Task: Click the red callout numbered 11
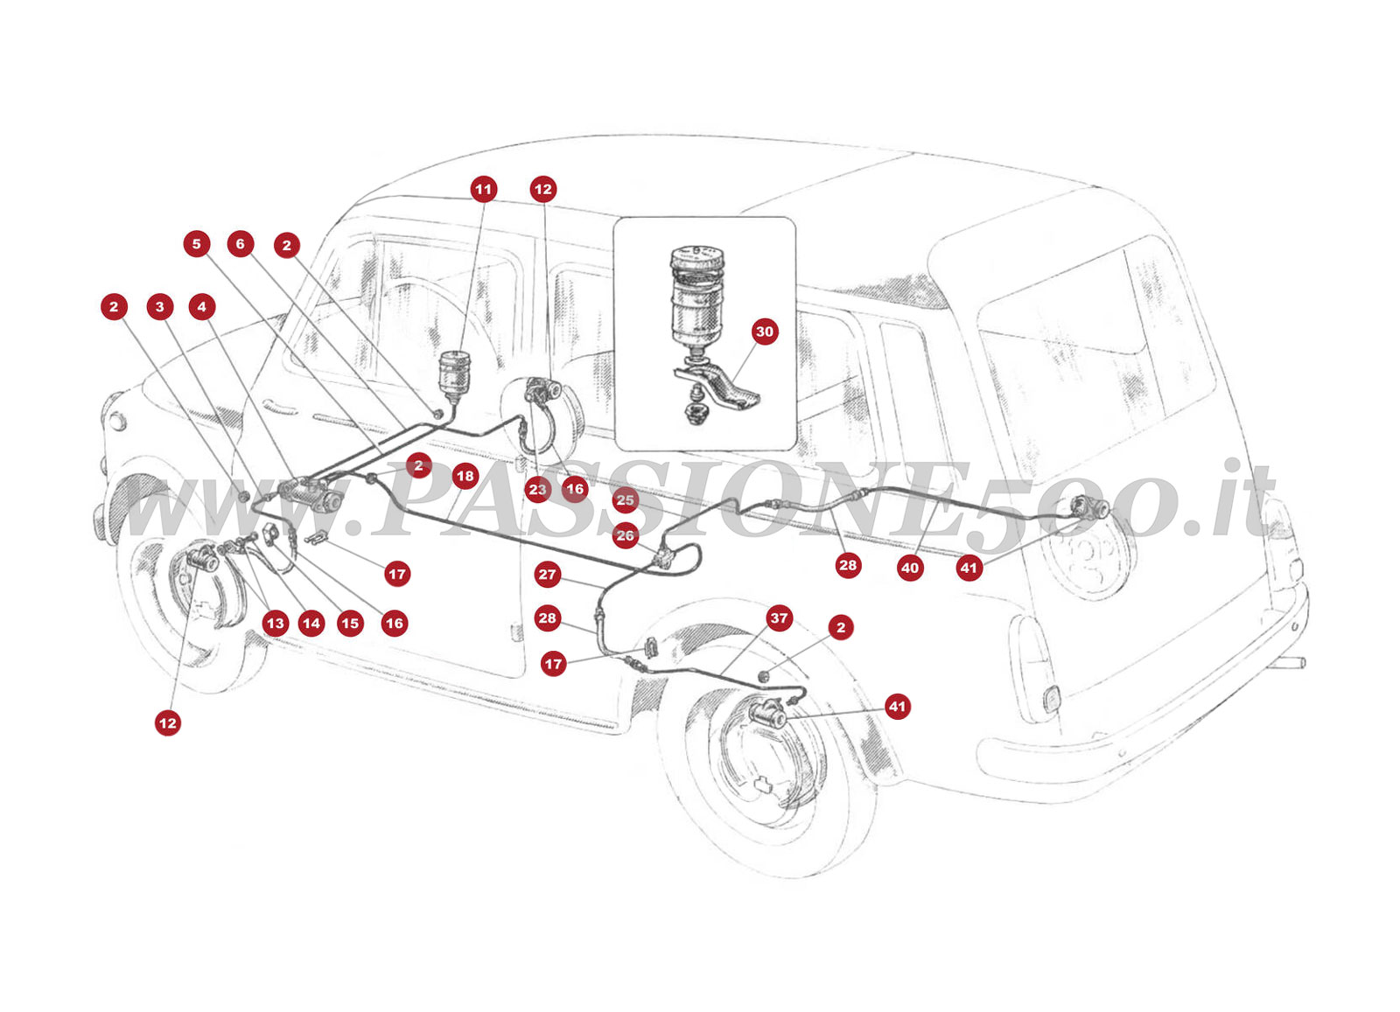pyautogui.click(x=484, y=189)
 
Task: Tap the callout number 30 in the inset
pyautogui.click(x=765, y=332)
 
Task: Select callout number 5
pyautogui.click(x=197, y=244)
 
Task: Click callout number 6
pyautogui.click(x=241, y=244)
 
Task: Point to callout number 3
pyautogui.click(x=159, y=307)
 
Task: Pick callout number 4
pyautogui.click(x=202, y=307)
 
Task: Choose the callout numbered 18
pyautogui.click(x=465, y=477)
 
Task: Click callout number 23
pyautogui.click(x=537, y=490)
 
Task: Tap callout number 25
pyautogui.click(x=625, y=500)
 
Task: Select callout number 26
pyautogui.click(x=625, y=535)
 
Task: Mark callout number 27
pyautogui.click(x=548, y=575)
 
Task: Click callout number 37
pyautogui.click(x=779, y=618)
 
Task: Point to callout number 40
pyautogui.click(x=910, y=568)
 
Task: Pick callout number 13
pyautogui.click(x=276, y=624)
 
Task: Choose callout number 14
pyautogui.click(x=311, y=624)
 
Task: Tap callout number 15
pyautogui.click(x=350, y=624)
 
